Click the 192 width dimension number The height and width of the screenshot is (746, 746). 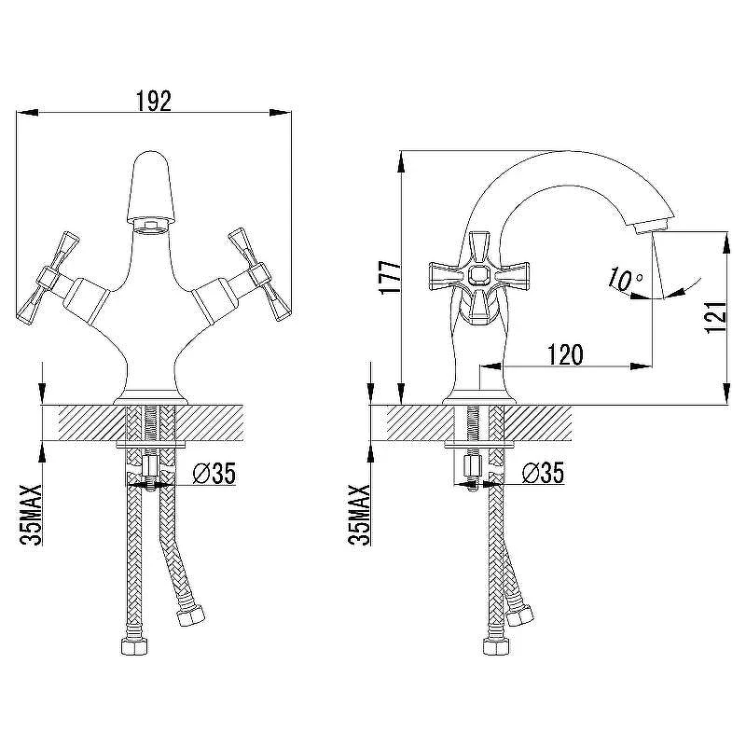154,101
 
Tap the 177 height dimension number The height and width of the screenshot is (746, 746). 390,277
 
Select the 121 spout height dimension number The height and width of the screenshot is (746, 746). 716,317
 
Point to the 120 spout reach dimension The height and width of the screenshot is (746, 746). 565,354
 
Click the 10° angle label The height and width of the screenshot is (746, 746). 626,279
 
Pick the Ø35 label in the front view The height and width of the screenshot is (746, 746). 214,473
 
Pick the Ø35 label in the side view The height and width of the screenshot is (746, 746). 543,473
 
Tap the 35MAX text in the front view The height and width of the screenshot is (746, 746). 32,515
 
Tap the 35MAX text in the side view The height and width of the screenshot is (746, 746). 359,515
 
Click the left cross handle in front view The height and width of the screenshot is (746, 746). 48,278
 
